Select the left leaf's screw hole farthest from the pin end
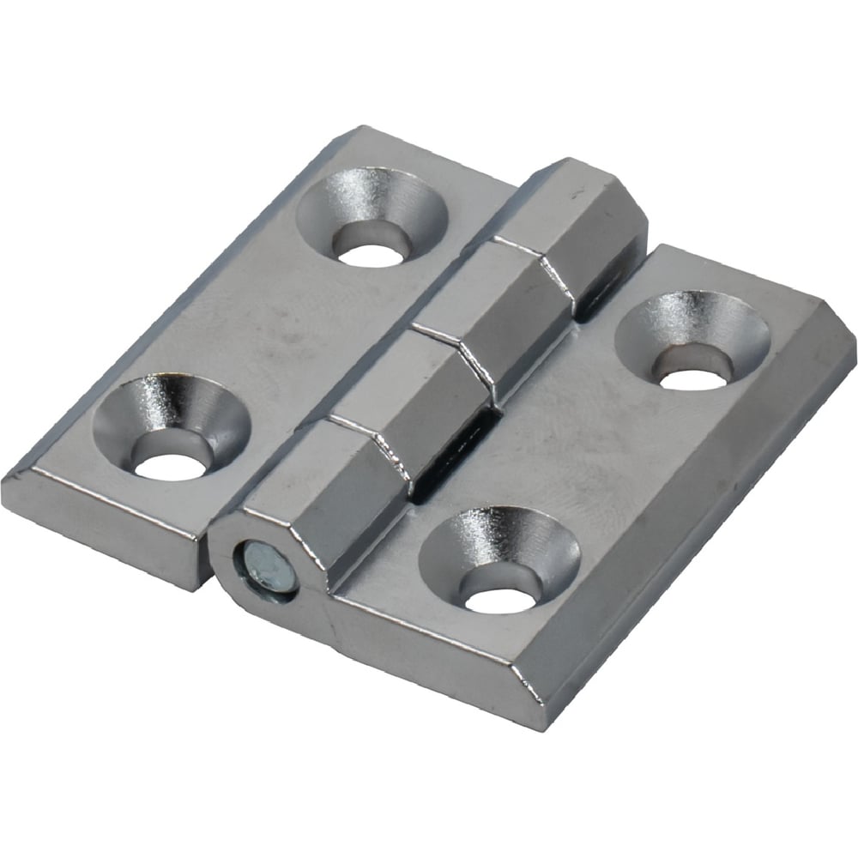point(372,252)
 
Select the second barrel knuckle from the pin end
point(403,403)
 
